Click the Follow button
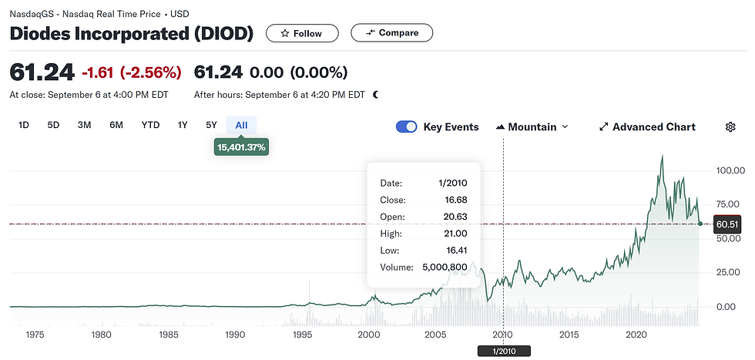(303, 33)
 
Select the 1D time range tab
(24, 126)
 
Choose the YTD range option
(150, 126)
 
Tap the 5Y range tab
(211, 126)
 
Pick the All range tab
(241, 126)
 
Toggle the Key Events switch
(407, 127)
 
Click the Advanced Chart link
(647, 127)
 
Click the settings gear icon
(730, 127)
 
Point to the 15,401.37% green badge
(241, 146)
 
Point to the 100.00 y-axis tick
(730, 170)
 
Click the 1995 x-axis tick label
(302, 335)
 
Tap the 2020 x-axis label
(636, 335)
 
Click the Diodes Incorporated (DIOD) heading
(132, 34)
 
